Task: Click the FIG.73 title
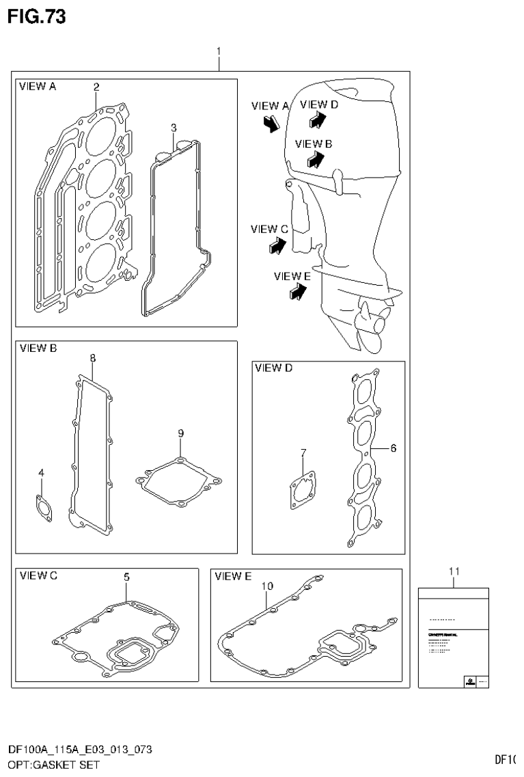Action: pyautogui.click(x=36, y=16)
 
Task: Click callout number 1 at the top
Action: pyautogui.click(x=218, y=51)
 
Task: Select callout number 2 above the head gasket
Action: pyautogui.click(x=96, y=87)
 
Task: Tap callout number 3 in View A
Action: pyautogui.click(x=174, y=128)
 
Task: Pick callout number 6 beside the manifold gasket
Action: pyautogui.click(x=393, y=448)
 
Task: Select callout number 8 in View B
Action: pyautogui.click(x=93, y=357)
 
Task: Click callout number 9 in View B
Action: pyautogui.click(x=180, y=433)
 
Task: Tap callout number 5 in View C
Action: pyautogui.click(x=126, y=577)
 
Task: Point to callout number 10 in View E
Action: pyautogui.click(x=267, y=586)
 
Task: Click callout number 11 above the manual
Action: pyautogui.click(x=454, y=571)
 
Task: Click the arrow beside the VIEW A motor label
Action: pyautogui.click(x=271, y=123)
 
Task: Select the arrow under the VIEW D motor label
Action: pyautogui.click(x=317, y=120)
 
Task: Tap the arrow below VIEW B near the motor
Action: pyautogui.click(x=315, y=159)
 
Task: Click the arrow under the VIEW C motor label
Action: pyautogui.click(x=276, y=245)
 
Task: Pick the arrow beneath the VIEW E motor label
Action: pyautogui.click(x=297, y=292)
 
